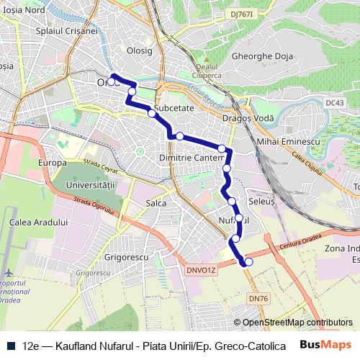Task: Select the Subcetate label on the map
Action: tap(174, 107)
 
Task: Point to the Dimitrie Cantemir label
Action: tap(189, 157)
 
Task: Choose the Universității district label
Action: tap(91, 186)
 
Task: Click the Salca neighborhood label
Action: tap(156, 204)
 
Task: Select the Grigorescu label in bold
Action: tap(126, 256)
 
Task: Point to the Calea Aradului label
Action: tap(39, 222)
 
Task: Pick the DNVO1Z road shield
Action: tap(202, 270)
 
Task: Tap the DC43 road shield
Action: tap(335, 103)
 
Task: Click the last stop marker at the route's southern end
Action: tap(249, 263)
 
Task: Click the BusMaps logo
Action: tap(326, 344)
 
